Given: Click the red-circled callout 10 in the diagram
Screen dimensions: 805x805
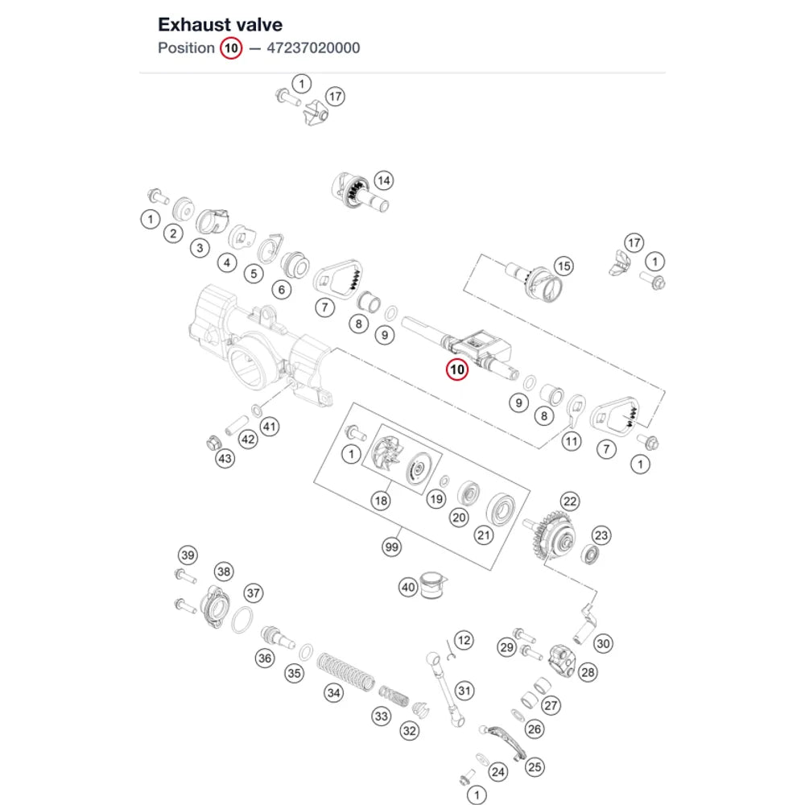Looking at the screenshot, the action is pyautogui.click(x=457, y=369).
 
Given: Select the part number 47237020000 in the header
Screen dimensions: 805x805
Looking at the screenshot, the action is pyautogui.click(x=313, y=48).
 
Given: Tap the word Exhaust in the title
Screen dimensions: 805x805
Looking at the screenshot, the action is pyautogui.click(x=191, y=25).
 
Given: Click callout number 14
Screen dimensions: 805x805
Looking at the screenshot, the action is pyautogui.click(x=384, y=180).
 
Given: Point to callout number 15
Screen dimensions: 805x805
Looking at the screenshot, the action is pyautogui.click(x=563, y=266).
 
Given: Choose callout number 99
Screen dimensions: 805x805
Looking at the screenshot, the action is pyautogui.click(x=392, y=547).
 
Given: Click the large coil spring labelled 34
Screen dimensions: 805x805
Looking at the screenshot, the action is pyautogui.click(x=345, y=672).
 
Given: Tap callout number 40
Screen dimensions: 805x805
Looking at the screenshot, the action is pyautogui.click(x=408, y=587).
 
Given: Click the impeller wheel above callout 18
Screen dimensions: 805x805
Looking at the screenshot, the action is pyautogui.click(x=386, y=452).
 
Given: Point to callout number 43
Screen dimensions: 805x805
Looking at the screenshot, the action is pyautogui.click(x=225, y=459).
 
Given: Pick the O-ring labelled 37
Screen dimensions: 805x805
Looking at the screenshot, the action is pyautogui.click(x=242, y=620).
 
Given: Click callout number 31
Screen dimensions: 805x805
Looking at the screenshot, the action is pyautogui.click(x=464, y=691).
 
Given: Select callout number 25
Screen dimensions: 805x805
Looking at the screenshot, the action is pyautogui.click(x=535, y=767).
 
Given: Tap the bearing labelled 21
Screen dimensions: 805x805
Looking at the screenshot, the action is pyautogui.click(x=501, y=510).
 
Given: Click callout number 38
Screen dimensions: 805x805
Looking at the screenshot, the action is pyautogui.click(x=224, y=572).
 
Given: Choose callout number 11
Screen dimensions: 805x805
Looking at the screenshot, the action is pyautogui.click(x=572, y=441).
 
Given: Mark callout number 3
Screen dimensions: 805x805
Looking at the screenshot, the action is pyautogui.click(x=200, y=249).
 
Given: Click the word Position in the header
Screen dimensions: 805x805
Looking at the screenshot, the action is pyautogui.click(x=187, y=48).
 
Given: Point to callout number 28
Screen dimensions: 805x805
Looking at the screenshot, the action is pyautogui.click(x=588, y=672).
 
